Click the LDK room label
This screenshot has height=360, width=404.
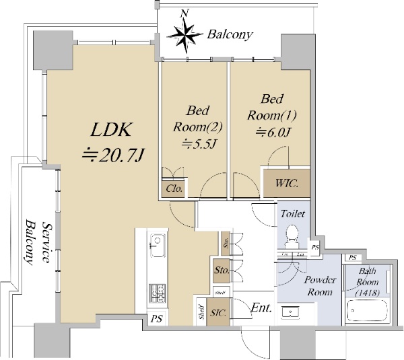(x=113, y=129)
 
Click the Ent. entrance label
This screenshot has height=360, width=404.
(x=261, y=309)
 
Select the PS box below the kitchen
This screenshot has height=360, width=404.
(x=156, y=318)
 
